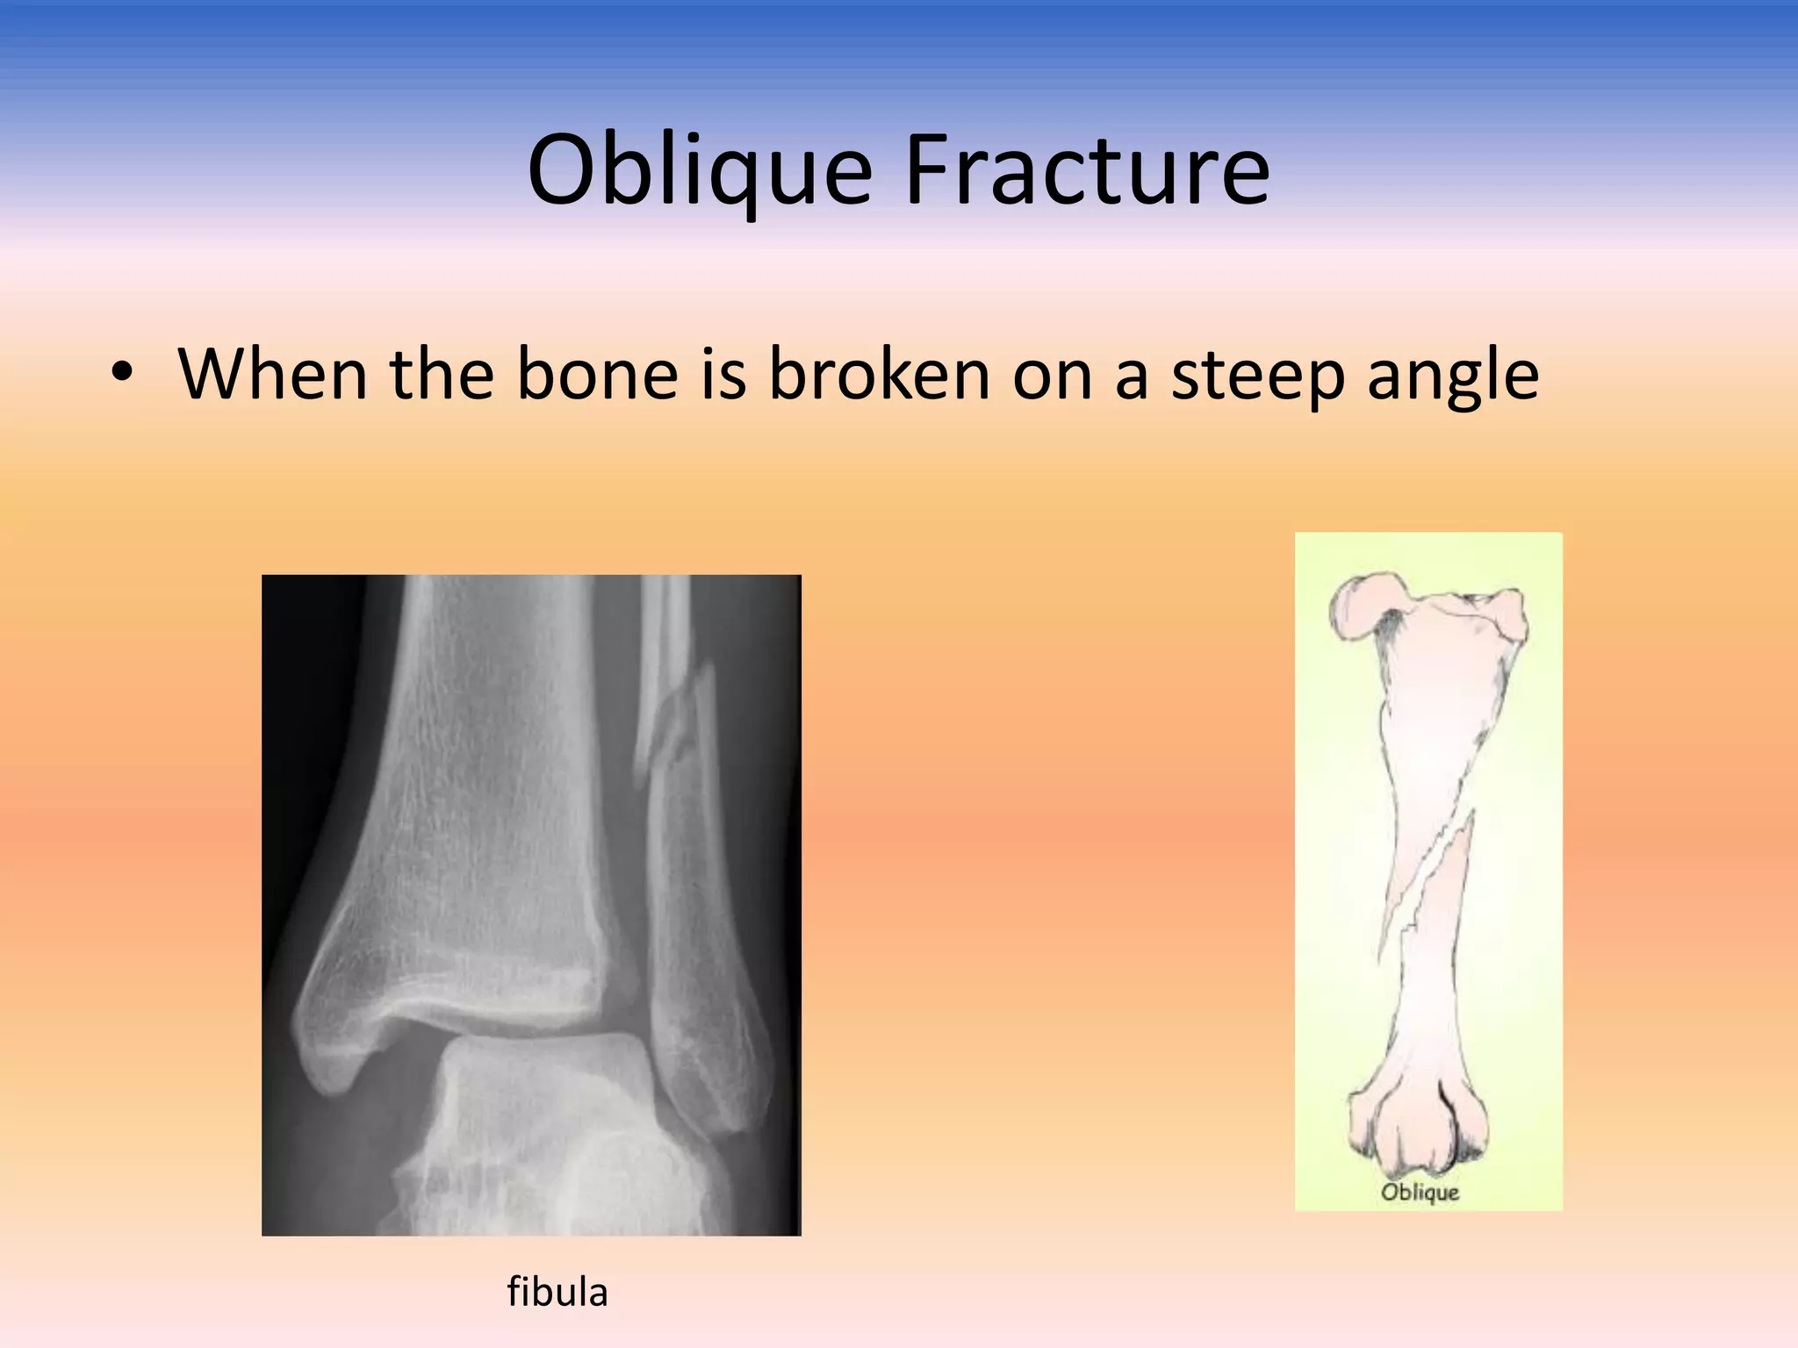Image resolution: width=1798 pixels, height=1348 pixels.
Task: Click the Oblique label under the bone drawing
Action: (1419, 1192)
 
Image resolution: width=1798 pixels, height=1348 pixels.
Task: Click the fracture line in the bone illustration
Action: (1427, 886)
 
